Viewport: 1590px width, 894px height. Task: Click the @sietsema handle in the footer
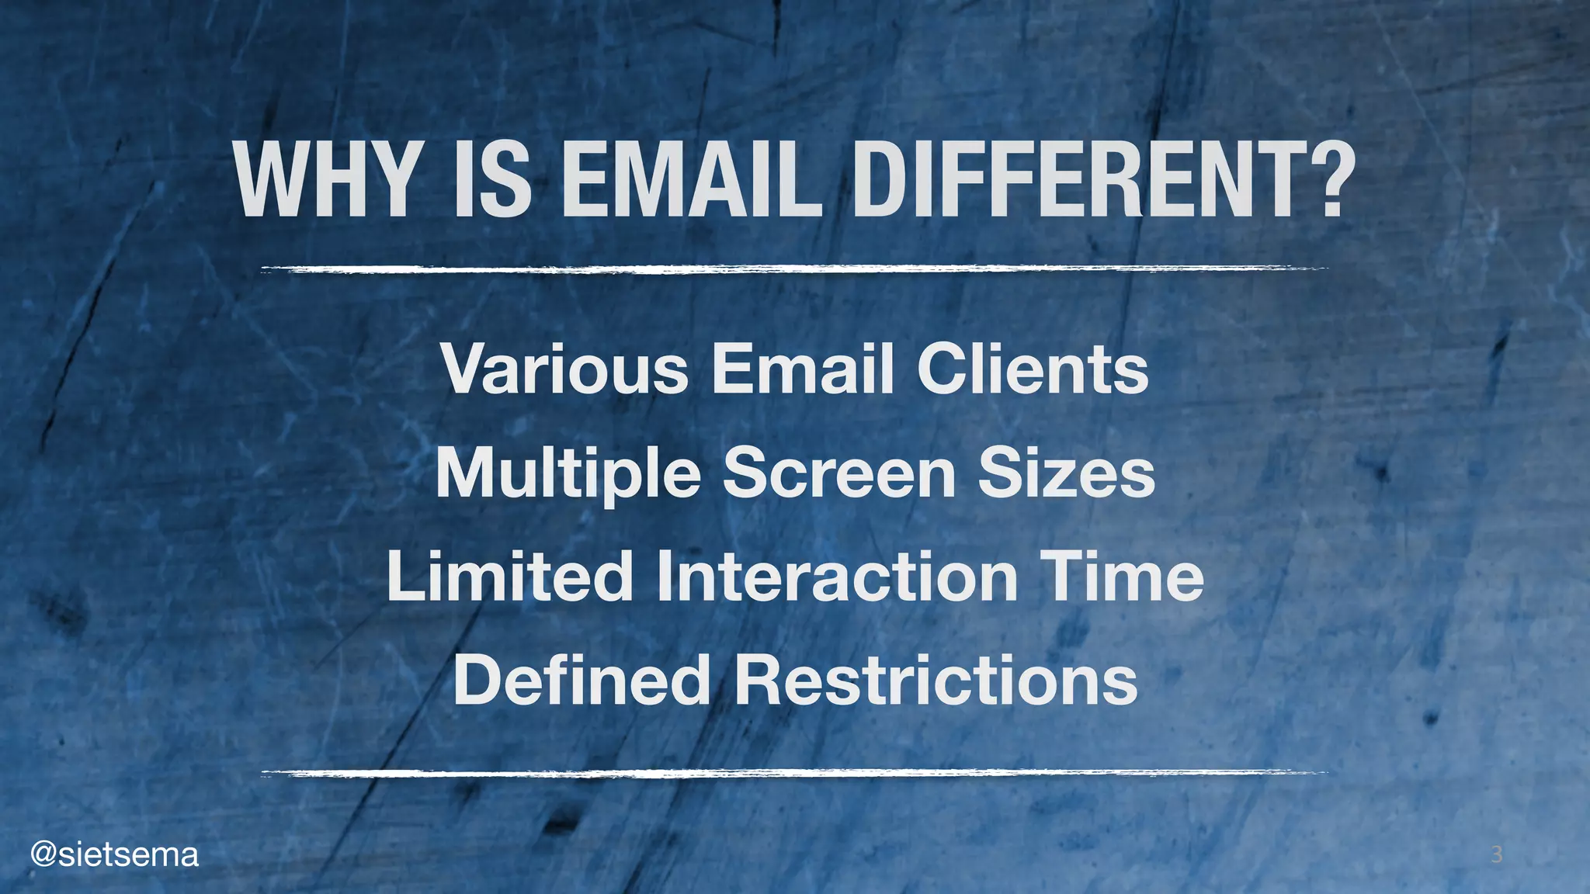coord(114,854)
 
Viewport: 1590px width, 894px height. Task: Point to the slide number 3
coord(1496,855)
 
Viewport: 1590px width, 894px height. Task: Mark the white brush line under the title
coord(794,269)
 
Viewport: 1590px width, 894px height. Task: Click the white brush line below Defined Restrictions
coord(794,773)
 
